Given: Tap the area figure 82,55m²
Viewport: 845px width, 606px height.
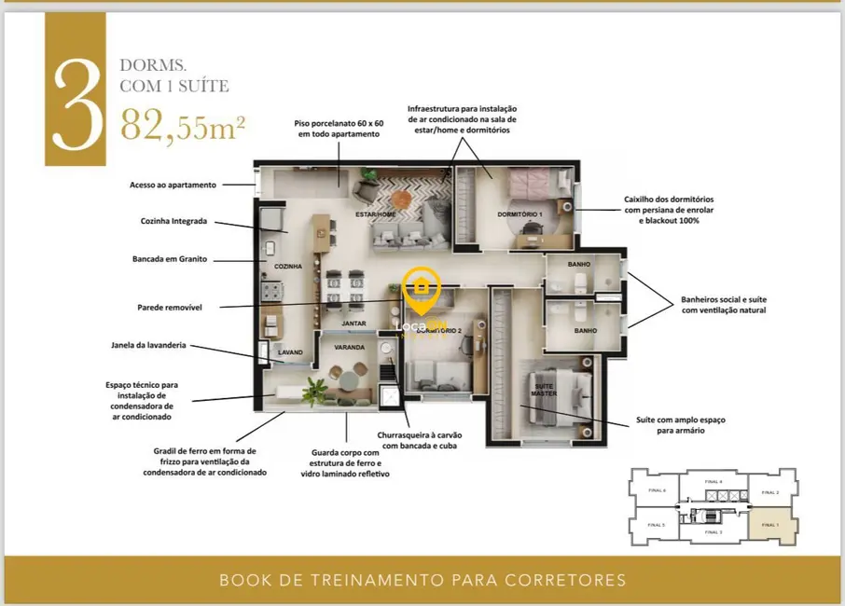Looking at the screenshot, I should [183, 125].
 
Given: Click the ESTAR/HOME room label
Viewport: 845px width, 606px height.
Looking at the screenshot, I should [375, 214].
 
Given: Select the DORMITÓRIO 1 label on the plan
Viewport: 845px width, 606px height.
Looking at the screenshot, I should [519, 214].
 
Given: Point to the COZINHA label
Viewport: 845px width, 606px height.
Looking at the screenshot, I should [287, 267].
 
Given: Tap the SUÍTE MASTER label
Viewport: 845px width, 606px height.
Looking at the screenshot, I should [545, 390].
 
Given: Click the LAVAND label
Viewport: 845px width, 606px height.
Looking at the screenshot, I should [291, 352].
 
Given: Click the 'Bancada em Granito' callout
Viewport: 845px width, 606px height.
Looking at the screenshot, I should [170, 259].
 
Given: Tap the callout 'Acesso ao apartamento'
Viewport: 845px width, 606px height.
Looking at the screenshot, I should [173, 185].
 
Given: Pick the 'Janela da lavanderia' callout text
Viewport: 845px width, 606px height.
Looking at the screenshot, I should [148, 345].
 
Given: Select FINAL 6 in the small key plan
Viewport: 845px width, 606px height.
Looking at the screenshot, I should [657, 490].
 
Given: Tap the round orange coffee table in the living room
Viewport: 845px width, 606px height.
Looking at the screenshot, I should [400, 199].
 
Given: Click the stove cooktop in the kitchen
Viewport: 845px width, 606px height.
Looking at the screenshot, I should [270, 292].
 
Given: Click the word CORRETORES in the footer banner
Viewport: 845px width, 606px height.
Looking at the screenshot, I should [565, 580].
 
